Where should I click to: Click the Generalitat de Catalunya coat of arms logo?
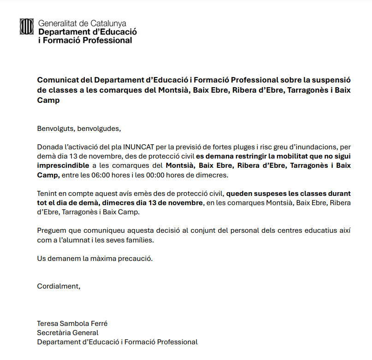(27, 26)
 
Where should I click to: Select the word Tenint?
(47, 194)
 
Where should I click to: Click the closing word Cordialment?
(59, 286)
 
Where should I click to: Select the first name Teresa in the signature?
(47, 324)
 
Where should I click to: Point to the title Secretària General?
(68, 333)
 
